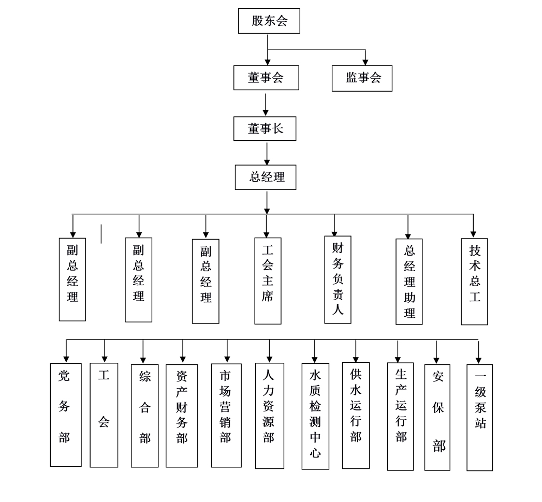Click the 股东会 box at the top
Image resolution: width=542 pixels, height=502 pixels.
click(269, 21)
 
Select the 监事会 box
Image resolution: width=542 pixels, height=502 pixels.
click(362, 78)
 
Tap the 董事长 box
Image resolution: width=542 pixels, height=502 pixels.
click(265, 129)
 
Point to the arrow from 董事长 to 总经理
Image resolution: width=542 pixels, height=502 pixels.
click(267, 153)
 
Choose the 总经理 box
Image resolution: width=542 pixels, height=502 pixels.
click(266, 177)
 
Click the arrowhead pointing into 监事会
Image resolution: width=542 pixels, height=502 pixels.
click(365, 62)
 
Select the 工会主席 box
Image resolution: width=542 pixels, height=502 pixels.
click(268, 280)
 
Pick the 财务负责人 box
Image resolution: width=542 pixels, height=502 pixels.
click(338, 279)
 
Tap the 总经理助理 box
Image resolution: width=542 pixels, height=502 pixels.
click(409, 282)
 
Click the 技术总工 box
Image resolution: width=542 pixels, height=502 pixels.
click(474, 281)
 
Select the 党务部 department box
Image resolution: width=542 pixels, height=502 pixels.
click(65, 415)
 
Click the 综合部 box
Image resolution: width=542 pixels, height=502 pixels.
click(144, 416)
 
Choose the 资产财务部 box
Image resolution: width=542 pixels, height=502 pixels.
click(182, 416)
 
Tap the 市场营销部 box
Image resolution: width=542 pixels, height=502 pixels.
click(226, 415)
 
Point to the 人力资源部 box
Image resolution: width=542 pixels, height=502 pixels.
click(269, 415)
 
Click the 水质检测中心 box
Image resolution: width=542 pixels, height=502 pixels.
click(315, 416)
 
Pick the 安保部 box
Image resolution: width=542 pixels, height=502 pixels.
click(437, 417)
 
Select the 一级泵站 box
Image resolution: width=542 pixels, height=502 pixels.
click(479, 417)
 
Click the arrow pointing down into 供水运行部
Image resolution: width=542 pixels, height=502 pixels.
click(356, 352)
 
